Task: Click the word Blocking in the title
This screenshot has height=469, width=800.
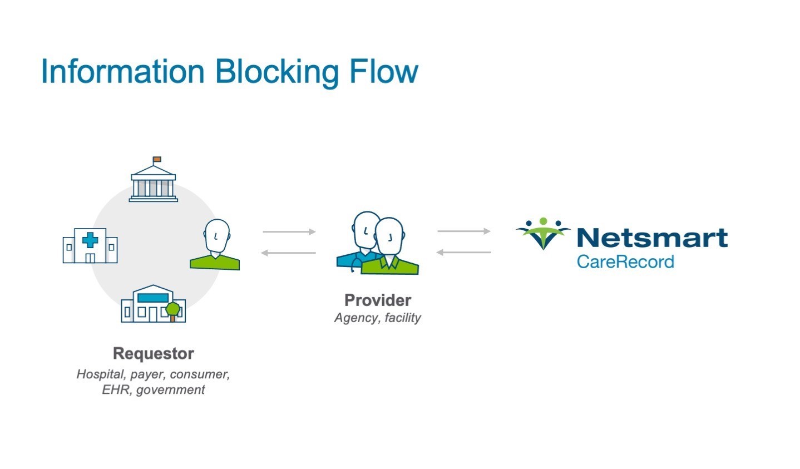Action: coord(276,72)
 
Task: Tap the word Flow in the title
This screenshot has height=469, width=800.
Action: coord(383,71)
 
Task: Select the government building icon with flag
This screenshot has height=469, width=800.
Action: coord(154,182)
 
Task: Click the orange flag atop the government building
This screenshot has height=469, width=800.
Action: coord(157,160)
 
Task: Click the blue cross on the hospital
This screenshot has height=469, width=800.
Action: coord(90,240)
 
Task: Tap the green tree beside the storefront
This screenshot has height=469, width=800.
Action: coord(173,309)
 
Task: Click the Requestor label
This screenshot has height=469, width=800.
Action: coord(154,353)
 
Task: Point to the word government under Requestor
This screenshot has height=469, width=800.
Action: coord(170,389)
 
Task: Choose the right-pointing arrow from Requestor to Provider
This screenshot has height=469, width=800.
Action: coord(289,231)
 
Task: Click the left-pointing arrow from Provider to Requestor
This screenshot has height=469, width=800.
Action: coord(289,253)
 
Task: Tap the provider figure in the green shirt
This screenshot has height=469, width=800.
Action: coord(389,248)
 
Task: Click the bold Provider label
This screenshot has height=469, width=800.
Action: coord(378,300)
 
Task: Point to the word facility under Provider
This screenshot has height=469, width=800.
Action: coord(403,318)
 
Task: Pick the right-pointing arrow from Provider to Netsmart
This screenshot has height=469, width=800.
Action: coord(464,231)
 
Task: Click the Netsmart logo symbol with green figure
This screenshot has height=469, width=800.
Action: coord(543,233)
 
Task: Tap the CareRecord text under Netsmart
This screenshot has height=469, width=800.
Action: coord(625,261)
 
